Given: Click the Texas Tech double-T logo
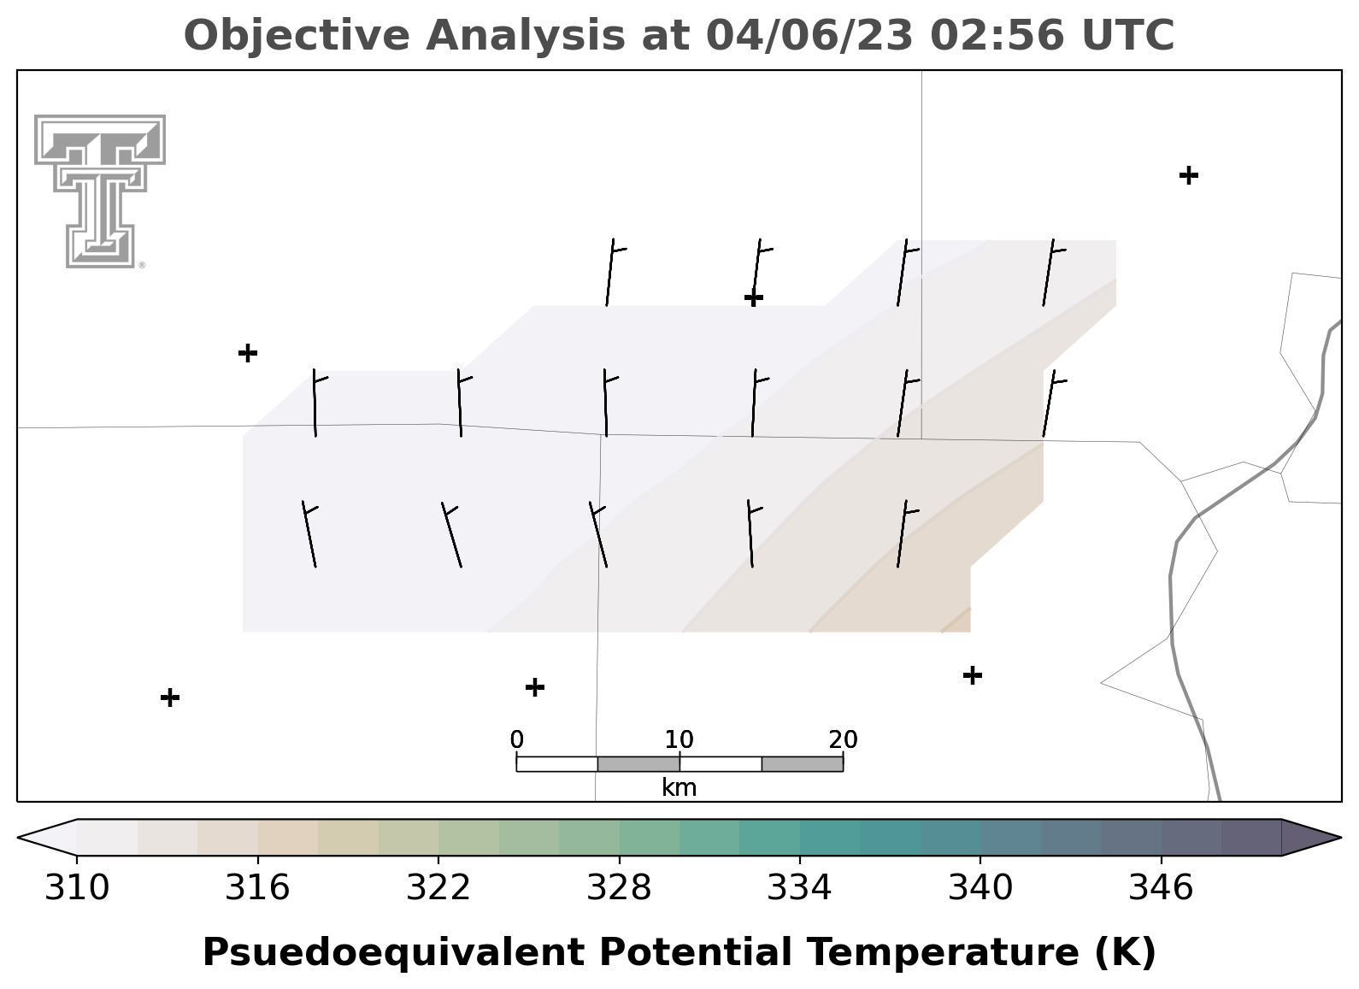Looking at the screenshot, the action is point(100,191).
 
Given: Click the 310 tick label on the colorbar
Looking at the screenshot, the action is point(77,888).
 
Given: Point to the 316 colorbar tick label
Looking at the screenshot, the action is point(258,888).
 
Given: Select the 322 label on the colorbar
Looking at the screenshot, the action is point(438,888).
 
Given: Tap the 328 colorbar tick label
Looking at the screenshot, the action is point(619,888).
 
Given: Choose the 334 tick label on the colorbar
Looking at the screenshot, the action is point(800,888).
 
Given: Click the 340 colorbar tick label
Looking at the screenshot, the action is point(980,888).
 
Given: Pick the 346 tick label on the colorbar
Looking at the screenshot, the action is point(1162,888).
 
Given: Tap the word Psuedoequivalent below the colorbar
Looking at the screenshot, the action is point(394,952).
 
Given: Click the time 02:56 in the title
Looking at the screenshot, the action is point(997,35).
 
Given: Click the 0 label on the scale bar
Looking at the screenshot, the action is point(517,739).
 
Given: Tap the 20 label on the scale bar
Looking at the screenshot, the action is point(844,739).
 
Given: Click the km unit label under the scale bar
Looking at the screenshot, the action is point(679,787).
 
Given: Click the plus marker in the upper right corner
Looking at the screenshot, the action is point(1189,175).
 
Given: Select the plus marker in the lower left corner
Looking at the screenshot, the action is point(170,698).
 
